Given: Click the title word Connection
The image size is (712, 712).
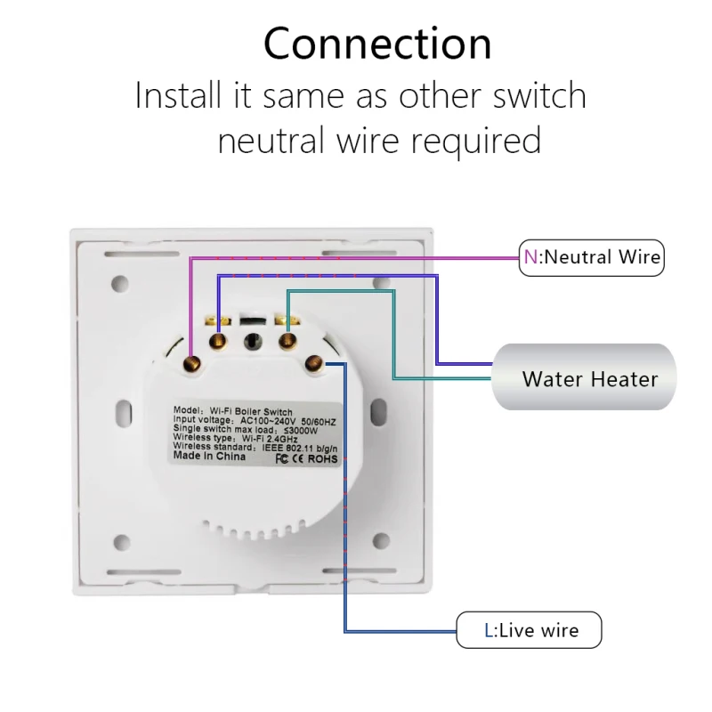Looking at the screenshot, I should (x=377, y=44).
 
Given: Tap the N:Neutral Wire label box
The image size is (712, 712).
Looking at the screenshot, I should (x=592, y=257).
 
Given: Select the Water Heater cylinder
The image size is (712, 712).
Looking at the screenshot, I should (x=583, y=377).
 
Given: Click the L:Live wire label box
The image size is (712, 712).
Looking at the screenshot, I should (x=530, y=630).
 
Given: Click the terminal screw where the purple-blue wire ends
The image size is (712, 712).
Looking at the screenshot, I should (x=217, y=339).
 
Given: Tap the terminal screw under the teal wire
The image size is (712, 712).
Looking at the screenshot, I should (x=287, y=339).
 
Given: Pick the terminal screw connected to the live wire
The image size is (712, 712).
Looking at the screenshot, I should (x=313, y=361).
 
